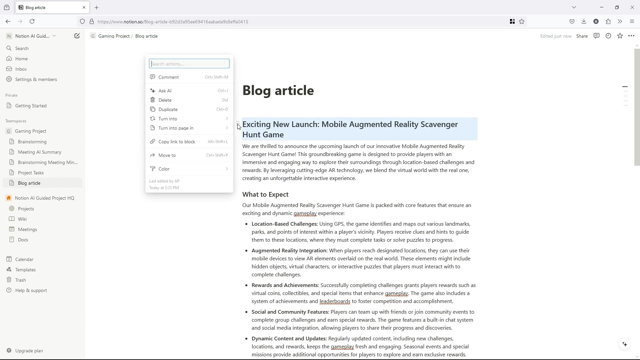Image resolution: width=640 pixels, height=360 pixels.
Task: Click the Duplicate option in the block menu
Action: click(168, 109)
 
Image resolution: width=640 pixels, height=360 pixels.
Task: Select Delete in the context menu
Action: click(165, 100)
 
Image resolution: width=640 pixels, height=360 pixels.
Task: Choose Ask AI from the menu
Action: click(165, 91)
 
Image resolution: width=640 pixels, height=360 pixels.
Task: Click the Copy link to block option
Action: click(177, 142)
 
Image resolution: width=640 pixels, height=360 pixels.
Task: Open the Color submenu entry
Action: click(164, 169)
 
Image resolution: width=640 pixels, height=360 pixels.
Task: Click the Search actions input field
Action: click(189, 64)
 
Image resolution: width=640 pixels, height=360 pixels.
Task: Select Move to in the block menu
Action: click(167, 155)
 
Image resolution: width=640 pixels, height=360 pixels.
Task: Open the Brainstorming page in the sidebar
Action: click(32, 142)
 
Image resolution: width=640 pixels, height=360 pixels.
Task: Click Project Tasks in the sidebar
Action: click(31, 173)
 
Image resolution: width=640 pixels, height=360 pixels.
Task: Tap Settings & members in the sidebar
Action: click(36, 79)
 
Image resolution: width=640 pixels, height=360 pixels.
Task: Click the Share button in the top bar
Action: click(582, 36)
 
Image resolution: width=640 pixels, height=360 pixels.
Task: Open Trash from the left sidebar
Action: click(20, 280)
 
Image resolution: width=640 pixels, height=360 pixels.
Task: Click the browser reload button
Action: click(32, 22)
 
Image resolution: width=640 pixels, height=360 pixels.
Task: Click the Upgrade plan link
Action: click(29, 351)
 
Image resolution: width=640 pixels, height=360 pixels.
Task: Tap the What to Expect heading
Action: click(265, 194)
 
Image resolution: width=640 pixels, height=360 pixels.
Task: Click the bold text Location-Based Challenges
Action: click(284, 224)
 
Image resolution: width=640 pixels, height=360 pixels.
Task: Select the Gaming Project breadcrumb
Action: click(114, 36)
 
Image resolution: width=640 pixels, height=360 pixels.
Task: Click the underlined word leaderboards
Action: click(335, 301)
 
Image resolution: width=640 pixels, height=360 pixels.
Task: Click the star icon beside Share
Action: click(620, 36)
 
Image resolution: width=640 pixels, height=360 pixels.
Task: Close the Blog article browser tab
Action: click(84, 7)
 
